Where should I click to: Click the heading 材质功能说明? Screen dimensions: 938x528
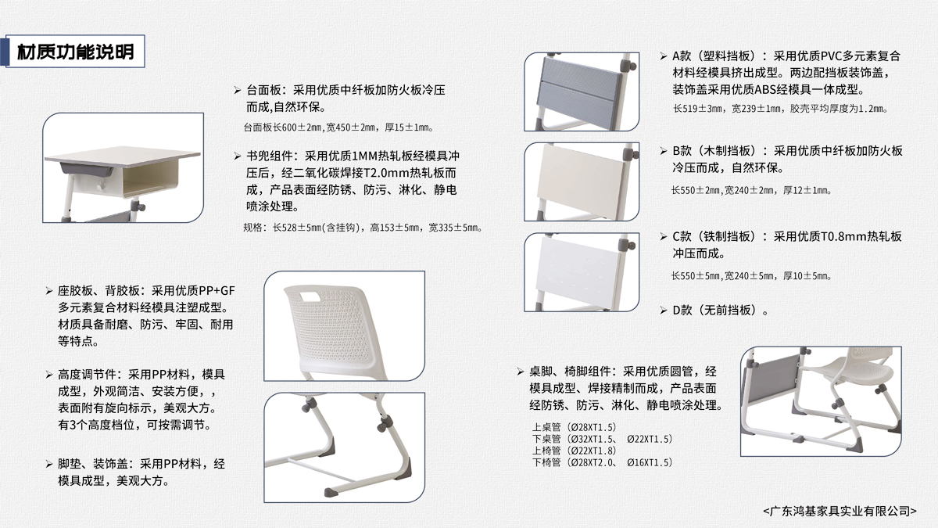75,52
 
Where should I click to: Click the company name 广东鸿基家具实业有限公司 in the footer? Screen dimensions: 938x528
840,511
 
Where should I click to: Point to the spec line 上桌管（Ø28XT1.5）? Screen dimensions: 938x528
575,427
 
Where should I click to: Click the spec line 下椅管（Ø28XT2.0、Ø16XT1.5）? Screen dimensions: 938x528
602,462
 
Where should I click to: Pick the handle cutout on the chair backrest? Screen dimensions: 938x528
310,296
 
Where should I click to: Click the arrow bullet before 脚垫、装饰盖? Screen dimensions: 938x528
49,464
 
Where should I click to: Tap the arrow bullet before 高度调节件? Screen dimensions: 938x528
49,374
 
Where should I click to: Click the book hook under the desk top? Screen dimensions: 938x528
101,185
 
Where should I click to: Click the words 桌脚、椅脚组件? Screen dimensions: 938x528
570,372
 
